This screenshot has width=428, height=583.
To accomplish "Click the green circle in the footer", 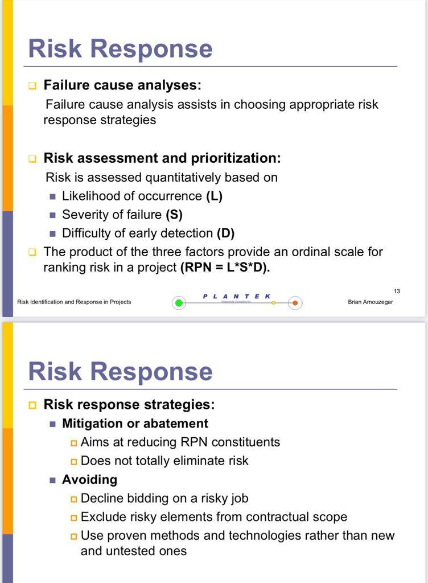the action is [179, 303].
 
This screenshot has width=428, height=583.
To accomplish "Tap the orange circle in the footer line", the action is [295, 303].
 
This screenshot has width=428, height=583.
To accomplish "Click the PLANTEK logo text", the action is [237, 296].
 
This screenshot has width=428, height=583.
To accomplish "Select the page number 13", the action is [397, 291].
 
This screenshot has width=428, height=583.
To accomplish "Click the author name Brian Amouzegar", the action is [370, 302].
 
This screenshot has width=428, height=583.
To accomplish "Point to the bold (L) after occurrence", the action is [215, 196].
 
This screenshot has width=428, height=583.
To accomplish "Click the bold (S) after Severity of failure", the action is [174, 215].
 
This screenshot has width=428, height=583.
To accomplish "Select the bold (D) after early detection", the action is [225, 233].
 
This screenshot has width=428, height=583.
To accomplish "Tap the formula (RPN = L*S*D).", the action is [225, 268].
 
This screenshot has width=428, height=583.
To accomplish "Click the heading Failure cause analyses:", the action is [122, 85].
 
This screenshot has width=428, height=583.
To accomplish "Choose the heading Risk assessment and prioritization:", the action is [162, 158].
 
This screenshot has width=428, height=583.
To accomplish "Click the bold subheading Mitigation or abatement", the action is [135, 424].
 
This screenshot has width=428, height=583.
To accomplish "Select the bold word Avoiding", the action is [89, 479].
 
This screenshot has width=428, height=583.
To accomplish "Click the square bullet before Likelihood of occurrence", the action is [53, 196].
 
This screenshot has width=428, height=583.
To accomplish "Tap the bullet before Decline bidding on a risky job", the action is [74, 499].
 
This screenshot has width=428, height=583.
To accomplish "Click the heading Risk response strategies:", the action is [129, 405].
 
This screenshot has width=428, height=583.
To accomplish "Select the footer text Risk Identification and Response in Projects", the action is [74, 302].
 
